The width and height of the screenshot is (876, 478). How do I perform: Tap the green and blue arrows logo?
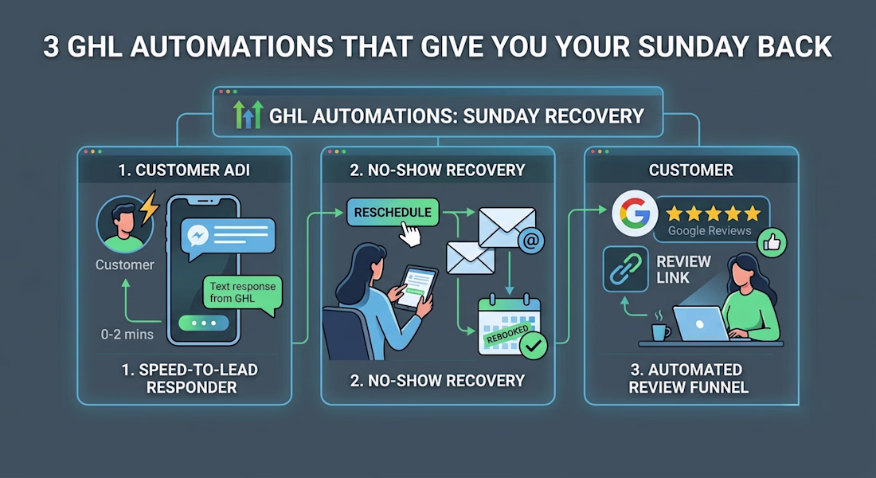tap(248, 116)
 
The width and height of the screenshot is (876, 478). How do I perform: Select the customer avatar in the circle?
tap(124, 224)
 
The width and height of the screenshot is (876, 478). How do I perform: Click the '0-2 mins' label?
tap(127, 335)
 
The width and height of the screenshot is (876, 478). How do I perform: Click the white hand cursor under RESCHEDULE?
tap(411, 234)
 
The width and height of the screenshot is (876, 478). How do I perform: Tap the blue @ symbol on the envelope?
tap(530, 241)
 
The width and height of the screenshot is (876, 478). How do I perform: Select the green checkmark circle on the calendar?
tap(534, 346)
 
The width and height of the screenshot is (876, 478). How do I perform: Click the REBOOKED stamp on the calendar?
tap(507, 335)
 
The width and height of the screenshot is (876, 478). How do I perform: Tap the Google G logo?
tap(635, 214)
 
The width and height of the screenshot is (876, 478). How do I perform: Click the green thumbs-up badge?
tap(772, 243)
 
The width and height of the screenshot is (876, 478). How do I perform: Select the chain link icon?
tap(626, 269)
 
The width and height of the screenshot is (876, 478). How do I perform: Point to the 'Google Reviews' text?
tap(710, 231)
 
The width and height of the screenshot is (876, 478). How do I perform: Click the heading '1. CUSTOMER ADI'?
tap(184, 170)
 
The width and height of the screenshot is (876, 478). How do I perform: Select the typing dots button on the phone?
tap(203, 323)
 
